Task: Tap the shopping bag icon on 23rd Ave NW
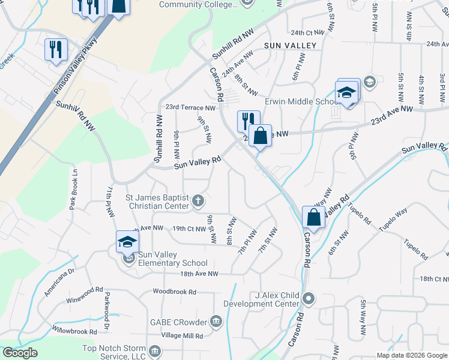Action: coord(260,134)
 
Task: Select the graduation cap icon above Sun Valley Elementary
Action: coord(127,242)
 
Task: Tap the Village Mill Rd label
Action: coord(182,336)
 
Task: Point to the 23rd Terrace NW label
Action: coord(190,108)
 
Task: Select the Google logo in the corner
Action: coord(20,353)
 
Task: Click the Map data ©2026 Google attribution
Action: coord(411,355)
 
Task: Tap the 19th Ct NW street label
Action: coord(188,229)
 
